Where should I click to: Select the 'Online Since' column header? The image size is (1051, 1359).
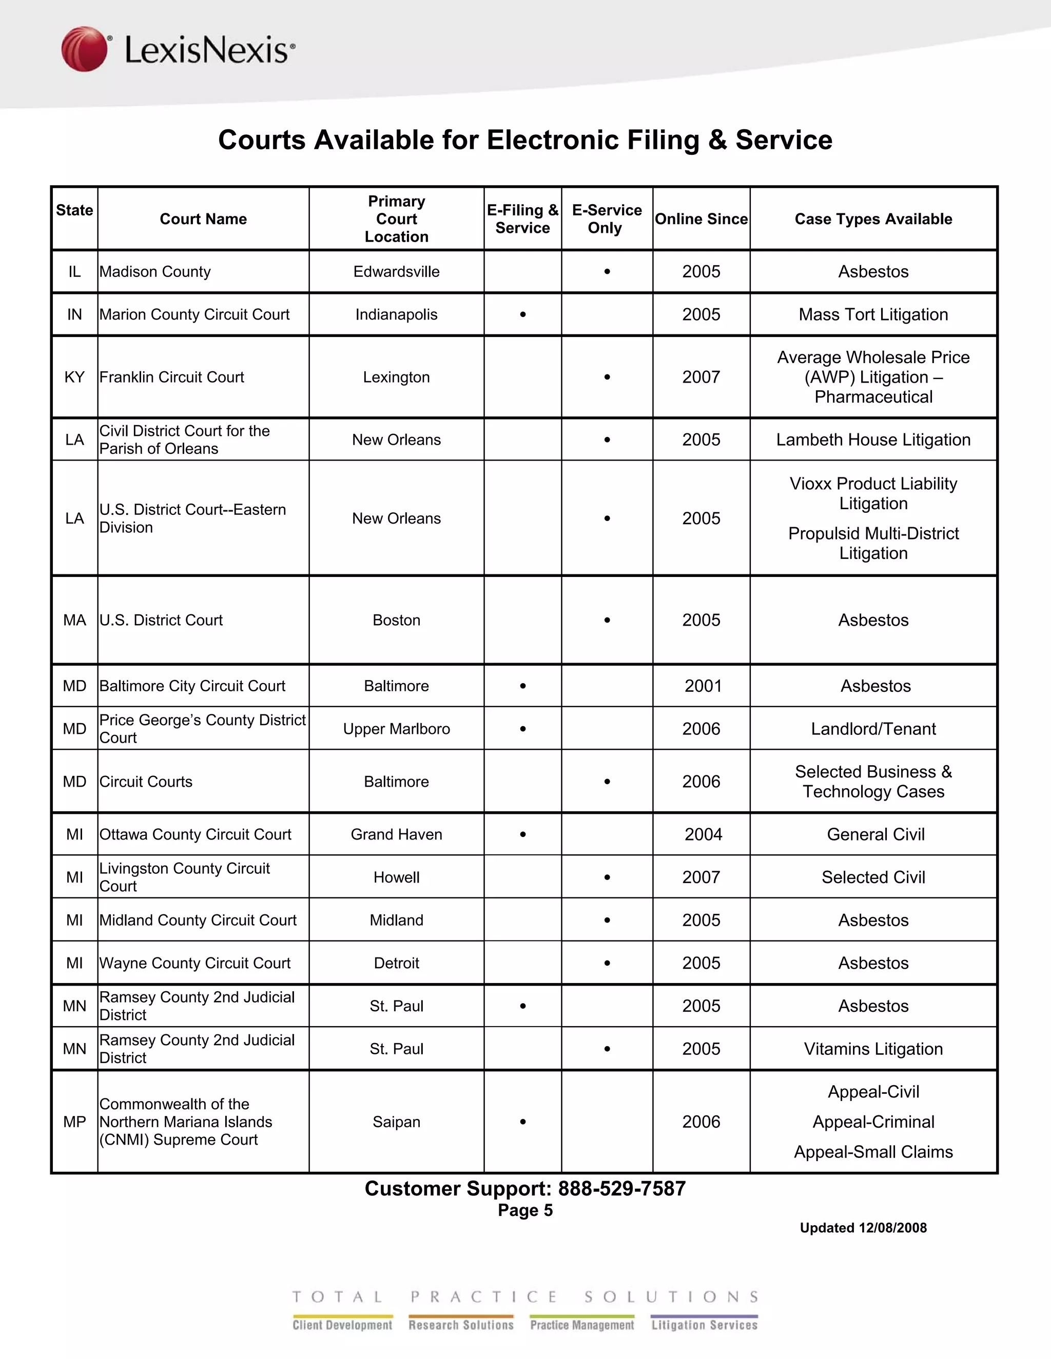point(701,219)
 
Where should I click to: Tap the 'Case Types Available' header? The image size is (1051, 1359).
point(873,219)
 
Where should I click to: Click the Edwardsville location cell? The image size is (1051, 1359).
point(396,272)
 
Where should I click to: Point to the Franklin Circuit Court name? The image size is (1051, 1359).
point(172,377)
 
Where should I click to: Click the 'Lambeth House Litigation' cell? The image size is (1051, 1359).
point(873,440)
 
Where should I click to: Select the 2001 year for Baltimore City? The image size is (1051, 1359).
point(703,686)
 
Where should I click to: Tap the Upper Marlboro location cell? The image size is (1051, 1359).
point(396,729)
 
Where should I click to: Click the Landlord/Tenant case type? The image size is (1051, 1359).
point(873,729)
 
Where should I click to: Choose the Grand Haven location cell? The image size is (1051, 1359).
point(396,834)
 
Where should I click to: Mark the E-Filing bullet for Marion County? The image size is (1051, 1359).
point(523,315)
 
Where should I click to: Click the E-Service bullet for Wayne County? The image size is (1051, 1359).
point(607,963)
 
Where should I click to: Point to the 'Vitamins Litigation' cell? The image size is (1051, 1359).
point(873,1049)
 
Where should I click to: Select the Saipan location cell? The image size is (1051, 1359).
point(396,1122)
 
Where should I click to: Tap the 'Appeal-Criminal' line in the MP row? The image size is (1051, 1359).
point(873,1122)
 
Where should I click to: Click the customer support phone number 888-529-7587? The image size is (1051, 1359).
point(621,1189)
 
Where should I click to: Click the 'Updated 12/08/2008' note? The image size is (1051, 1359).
point(863,1228)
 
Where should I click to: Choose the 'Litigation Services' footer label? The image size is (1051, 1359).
point(704,1325)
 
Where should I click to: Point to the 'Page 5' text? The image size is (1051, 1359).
point(525,1210)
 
